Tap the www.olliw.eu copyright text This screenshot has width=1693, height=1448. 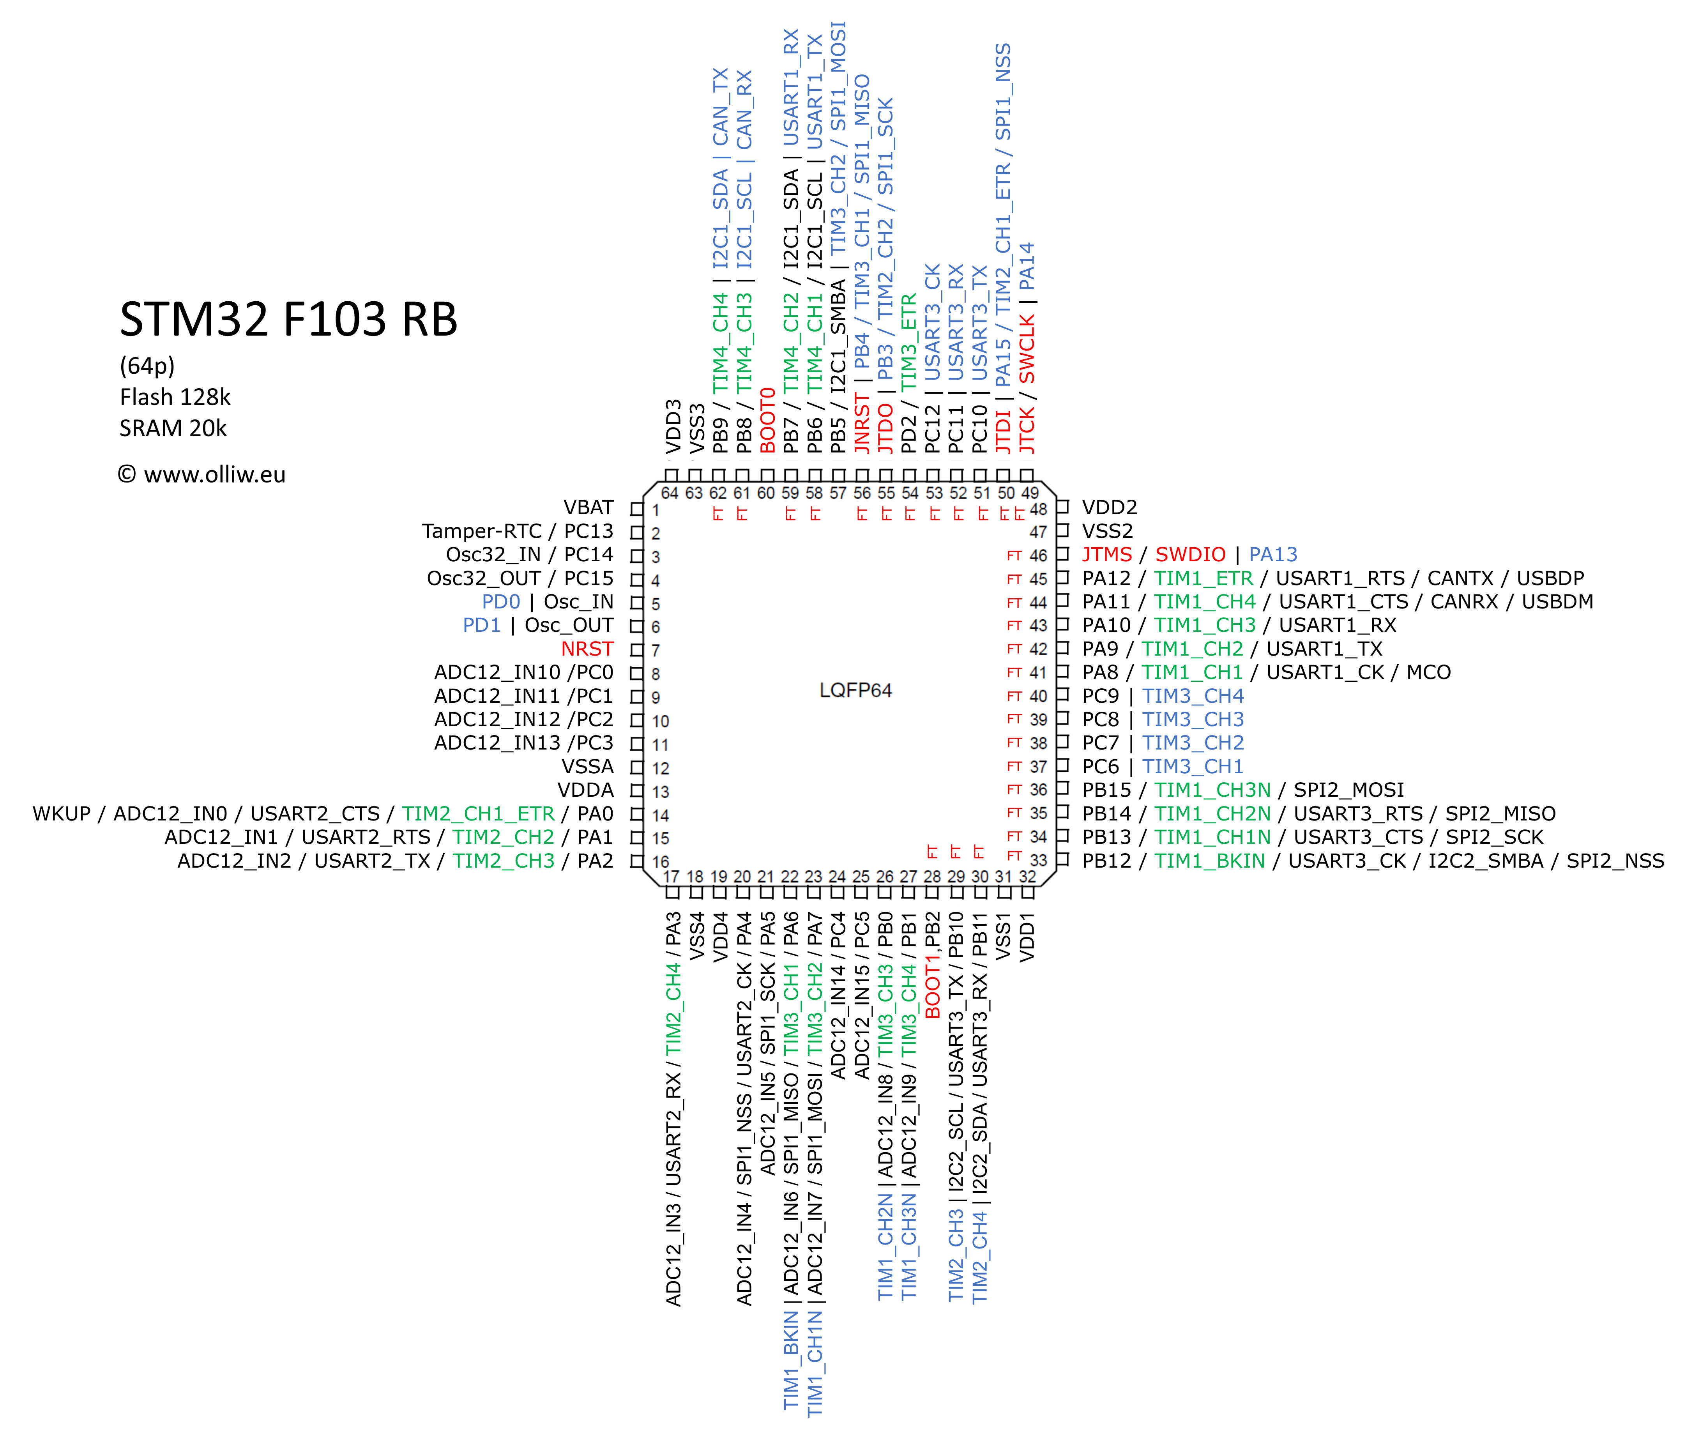(202, 475)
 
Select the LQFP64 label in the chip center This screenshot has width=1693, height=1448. (855, 691)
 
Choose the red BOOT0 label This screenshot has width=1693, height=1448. (767, 421)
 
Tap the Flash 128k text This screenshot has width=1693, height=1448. (175, 397)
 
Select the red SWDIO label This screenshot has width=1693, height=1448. (1191, 555)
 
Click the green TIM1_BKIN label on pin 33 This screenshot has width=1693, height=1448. (1209, 861)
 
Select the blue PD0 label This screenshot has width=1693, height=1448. (501, 602)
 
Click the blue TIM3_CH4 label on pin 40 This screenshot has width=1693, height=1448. (1193, 696)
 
